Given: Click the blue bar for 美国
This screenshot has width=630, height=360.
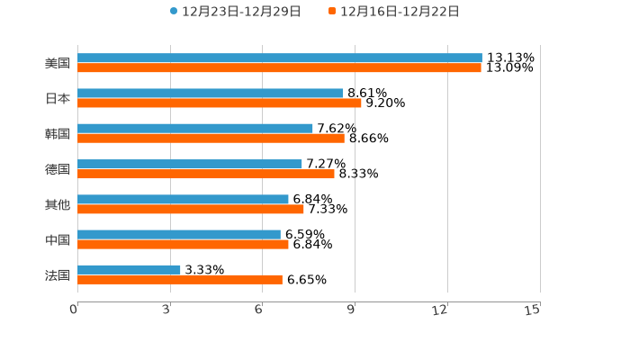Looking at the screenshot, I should tap(279, 58).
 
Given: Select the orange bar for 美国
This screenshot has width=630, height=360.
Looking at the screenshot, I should tap(279, 67).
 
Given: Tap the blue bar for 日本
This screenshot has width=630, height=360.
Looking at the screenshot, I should tap(211, 93).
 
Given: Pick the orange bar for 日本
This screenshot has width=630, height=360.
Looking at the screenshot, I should tap(220, 103).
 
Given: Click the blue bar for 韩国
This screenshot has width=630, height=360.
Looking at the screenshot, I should tap(195, 128).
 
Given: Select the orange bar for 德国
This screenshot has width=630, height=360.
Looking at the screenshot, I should tap(206, 174).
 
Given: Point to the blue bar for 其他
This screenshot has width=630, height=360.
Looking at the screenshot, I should tap(183, 199).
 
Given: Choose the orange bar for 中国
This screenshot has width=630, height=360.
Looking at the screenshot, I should tap(183, 244).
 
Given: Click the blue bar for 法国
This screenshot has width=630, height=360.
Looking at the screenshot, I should tap(129, 269).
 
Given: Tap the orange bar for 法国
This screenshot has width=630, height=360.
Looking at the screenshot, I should tap(180, 279).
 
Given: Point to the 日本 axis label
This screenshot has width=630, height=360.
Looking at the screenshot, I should tap(58, 98).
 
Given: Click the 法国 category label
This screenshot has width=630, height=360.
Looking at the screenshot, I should tap(58, 274).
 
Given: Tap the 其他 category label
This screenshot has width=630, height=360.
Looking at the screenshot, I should tap(58, 204).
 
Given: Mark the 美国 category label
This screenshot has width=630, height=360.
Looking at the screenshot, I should tap(58, 63).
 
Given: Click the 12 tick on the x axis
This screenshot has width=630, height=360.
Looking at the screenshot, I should tap(440, 310).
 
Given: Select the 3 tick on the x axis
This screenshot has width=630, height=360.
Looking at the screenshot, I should tap(167, 310).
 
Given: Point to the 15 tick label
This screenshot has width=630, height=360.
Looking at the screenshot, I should tap(533, 310).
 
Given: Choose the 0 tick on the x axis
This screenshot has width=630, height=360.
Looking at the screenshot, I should tap(75, 310).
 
